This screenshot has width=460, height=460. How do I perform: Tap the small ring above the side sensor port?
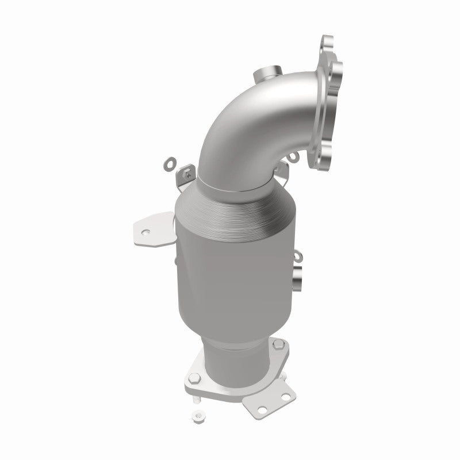point(297,255)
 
